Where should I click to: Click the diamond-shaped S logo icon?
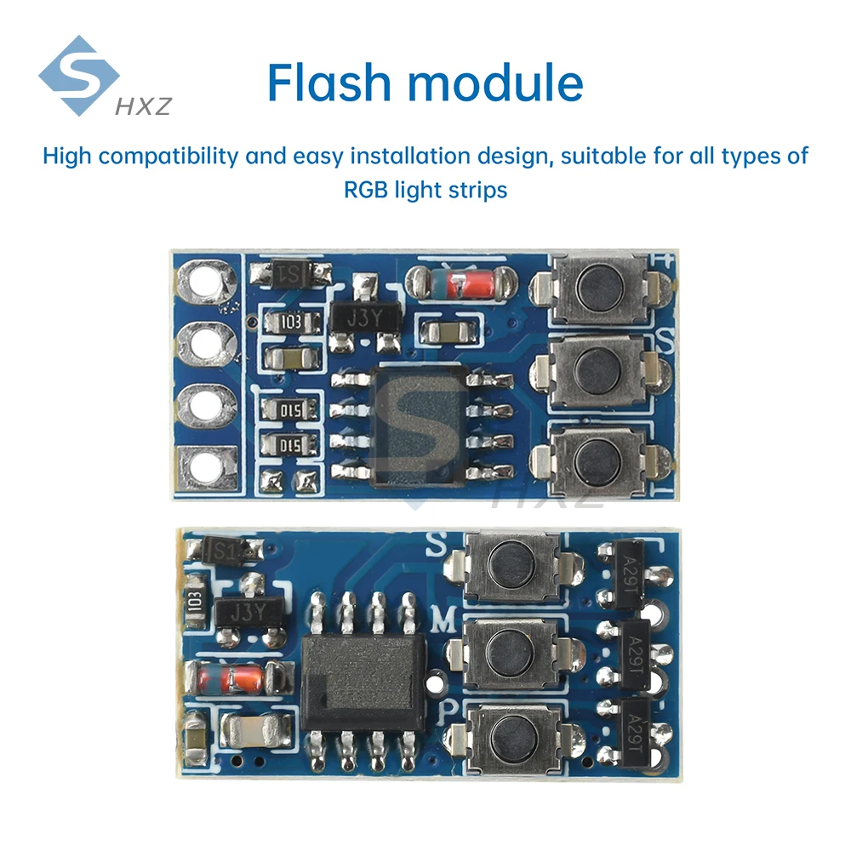(79, 76)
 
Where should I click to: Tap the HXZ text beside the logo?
(142, 106)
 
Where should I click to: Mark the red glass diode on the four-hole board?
(458, 283)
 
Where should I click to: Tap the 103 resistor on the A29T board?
(193, 600)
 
